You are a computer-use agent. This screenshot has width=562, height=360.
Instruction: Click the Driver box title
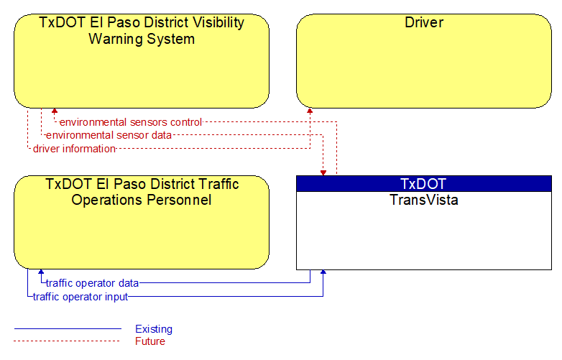pos(424,22)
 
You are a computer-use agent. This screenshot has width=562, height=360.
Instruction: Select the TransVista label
pos(424,200)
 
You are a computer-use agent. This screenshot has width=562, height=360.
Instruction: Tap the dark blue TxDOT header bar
pos(424,184)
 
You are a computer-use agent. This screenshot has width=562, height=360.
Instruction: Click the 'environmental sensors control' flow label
pos(131,122)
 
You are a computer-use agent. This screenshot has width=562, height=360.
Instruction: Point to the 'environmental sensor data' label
pos(109,135)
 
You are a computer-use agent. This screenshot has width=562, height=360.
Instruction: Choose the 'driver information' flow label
pos(74,149)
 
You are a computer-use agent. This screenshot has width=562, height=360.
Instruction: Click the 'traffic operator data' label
pos(93,283)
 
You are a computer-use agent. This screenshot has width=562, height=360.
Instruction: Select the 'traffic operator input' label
pos(80,297)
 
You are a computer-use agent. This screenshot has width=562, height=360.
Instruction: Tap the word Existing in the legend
pos(154,329)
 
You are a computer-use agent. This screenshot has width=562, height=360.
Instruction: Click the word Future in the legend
pos(150,341)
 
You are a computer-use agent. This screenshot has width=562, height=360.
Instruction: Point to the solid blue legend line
pos(68,328)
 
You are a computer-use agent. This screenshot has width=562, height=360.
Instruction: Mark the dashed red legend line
pos(67,341)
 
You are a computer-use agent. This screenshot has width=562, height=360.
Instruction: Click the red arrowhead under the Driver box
pos(310,111)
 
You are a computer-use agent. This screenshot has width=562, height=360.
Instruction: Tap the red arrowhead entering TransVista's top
pos(323,173)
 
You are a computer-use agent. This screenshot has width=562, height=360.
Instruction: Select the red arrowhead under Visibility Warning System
pos(55,111)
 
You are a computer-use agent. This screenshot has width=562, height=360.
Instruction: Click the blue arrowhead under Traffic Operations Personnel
pos(41,272)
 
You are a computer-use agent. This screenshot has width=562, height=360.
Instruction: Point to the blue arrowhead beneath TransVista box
pos(323,272)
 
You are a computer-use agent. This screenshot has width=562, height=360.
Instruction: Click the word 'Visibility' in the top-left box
pos(218,22)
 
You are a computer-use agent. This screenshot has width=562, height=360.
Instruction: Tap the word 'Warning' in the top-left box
pos(116,39)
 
